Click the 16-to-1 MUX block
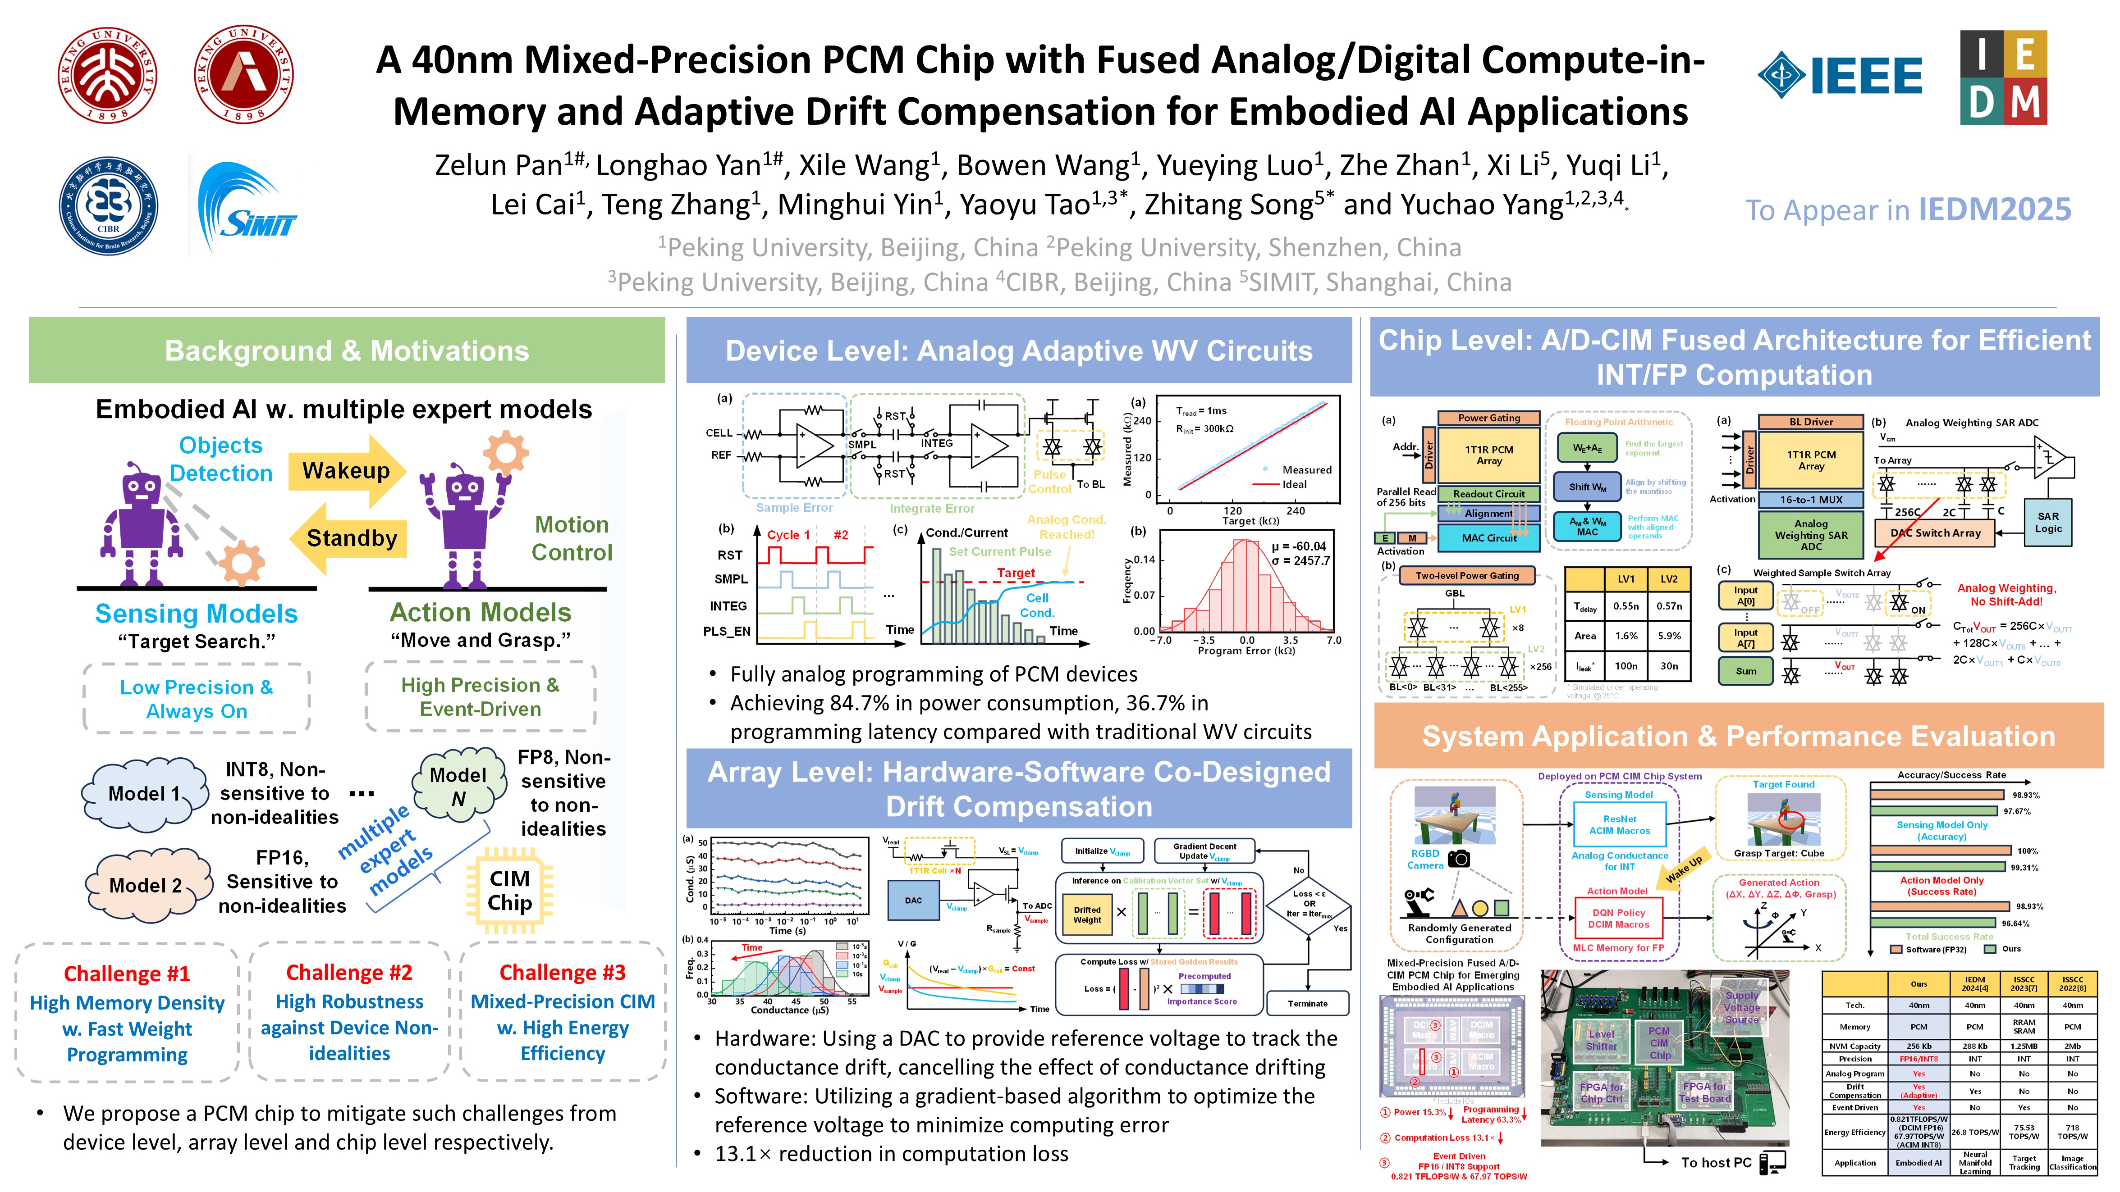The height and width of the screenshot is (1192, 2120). pyautogui.click(x=1811, y=499)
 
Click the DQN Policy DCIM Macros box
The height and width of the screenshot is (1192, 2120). pyautogui.click(x=1618, y=918)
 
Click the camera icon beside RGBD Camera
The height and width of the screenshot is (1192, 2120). pyautogui.click(x=1458, y=859)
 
